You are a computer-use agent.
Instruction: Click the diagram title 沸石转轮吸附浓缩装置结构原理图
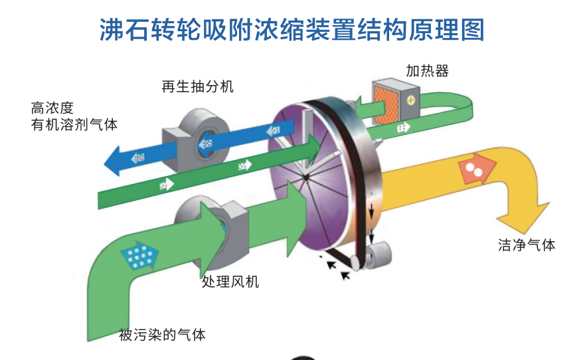point(292,29)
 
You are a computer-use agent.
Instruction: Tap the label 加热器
point(427,70)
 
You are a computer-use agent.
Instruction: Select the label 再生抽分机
point(197,86)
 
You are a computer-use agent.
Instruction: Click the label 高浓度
point(52,108)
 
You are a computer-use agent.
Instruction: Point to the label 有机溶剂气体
point(74,124)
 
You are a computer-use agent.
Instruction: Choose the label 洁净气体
point(527,245)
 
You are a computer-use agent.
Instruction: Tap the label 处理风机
point(230,282)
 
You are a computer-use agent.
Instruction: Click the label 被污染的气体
point(162,335)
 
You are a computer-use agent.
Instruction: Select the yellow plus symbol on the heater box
point(411,100)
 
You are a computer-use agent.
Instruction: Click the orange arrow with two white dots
point(477,169)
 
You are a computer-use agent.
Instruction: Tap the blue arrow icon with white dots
point(139,256)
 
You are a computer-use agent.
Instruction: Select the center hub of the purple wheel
point(306,177)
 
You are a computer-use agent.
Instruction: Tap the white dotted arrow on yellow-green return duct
point(403,128)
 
